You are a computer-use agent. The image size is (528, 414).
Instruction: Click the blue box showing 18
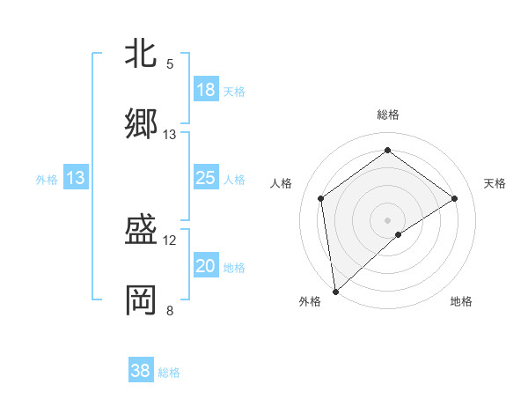(x=206, y=90)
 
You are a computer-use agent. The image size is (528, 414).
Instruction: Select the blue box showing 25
(x=206, y=179)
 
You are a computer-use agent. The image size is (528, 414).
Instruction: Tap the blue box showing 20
(x=206, y=266)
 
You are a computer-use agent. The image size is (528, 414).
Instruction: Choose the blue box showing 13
(x=76, y=179)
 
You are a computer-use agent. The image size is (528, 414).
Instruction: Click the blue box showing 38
(x=141, y=372)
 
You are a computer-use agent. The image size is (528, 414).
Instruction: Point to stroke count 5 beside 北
(x=170, y=64)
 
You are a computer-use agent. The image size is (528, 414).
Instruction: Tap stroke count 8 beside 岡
(x=170, y=311)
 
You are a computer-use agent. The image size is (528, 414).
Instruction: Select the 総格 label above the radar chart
(x=387, y=115)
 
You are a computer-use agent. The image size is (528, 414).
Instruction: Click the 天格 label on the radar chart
(x=495, y=183)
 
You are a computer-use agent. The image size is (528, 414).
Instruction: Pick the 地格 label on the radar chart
(x=461, y=302)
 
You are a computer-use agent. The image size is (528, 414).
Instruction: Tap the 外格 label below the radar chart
(x=310, y=302)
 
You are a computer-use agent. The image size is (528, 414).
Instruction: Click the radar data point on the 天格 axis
(x=455, y=198)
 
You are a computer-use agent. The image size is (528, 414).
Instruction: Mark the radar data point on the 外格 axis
(x=335, y=291)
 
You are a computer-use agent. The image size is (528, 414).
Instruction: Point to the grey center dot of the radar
(x=387, y=219)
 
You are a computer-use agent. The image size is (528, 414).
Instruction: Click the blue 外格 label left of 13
(x=47, y=180)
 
